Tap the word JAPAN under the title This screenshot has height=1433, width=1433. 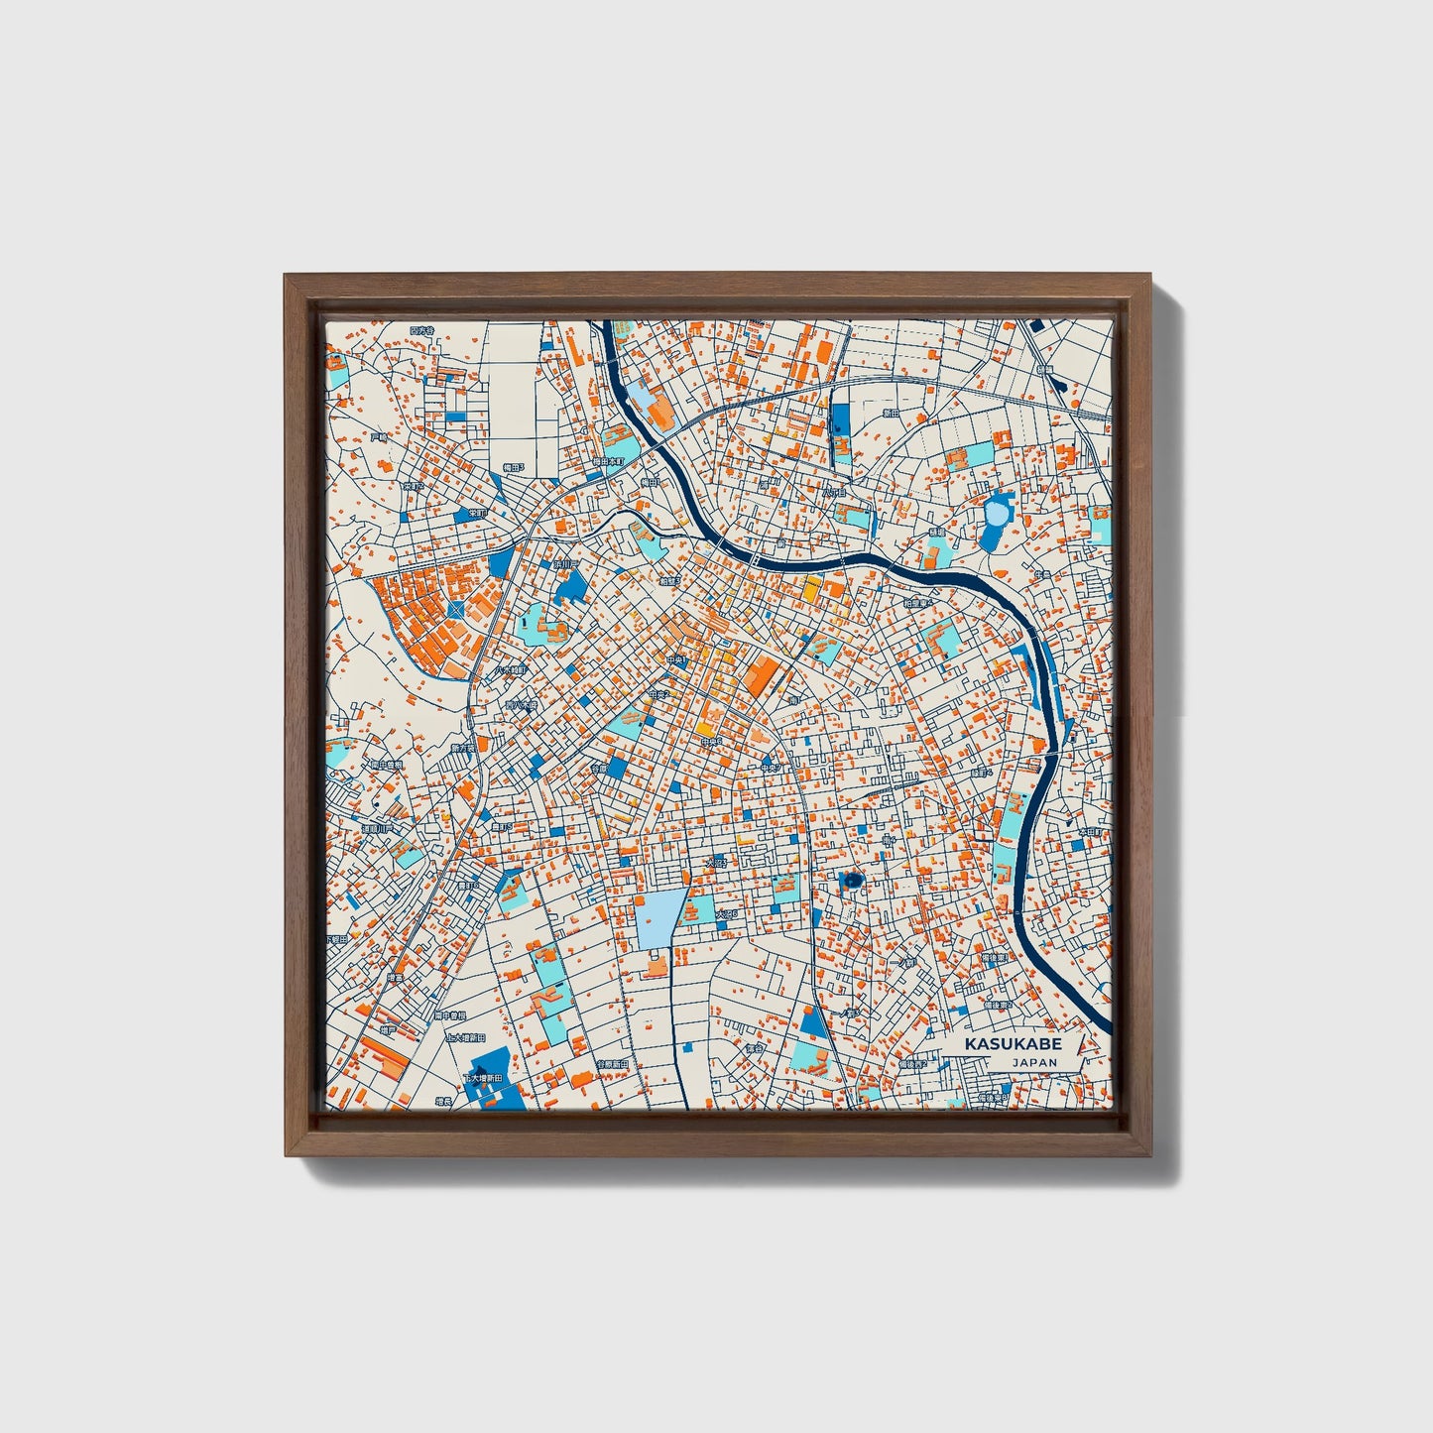(x=1034, y=1062)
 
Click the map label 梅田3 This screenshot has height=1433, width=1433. (x=512, y=466)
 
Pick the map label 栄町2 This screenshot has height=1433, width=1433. (x=478, y=513)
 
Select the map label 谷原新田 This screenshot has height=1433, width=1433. (x=612, y=1064)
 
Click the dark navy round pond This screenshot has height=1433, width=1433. (x=852, y=880)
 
